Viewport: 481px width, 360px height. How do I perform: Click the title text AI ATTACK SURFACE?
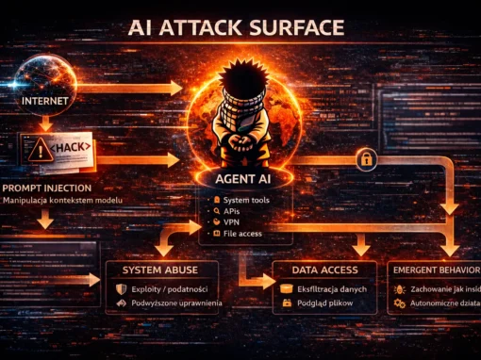[240, 27]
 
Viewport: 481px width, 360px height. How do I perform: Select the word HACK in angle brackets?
[74, 148]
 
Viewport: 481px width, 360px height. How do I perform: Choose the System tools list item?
[250, 200]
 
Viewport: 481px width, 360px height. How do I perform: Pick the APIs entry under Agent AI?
[236, 211]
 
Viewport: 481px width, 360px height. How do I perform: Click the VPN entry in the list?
[235, 222]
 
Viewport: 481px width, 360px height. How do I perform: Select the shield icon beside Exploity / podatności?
[121, 289]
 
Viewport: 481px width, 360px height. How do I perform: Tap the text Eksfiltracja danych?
[331, 288]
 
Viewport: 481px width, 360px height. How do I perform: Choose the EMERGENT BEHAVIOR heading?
[434, 270]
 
